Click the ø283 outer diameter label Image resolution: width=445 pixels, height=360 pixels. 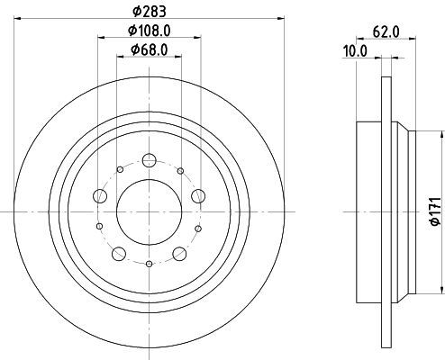150,12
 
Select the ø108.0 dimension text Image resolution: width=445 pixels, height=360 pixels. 150,31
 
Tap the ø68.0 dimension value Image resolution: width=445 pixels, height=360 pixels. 150,49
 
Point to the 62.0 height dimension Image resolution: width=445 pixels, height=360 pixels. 386,31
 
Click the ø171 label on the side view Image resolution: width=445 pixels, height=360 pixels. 436,211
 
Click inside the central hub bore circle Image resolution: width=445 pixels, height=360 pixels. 150,211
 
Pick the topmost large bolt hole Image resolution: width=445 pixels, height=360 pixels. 149,160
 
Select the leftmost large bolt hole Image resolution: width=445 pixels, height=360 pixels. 100,196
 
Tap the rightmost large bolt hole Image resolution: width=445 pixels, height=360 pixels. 198,196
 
